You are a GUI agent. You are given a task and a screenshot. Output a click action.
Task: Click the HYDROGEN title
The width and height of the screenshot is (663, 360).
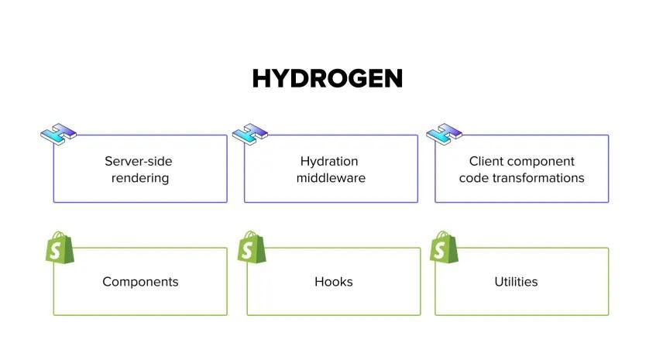pos(327,79)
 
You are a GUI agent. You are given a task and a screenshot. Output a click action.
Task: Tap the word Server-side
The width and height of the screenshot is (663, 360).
pos(139,162)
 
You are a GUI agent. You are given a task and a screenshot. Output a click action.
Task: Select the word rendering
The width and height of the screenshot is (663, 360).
pos(139,178)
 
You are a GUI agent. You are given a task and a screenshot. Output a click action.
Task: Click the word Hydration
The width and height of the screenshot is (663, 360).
pos(329,162)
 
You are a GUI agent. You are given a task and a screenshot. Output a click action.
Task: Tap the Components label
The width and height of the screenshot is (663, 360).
pos(140,282)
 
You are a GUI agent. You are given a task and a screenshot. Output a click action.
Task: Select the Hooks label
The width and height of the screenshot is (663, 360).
pos(334,282)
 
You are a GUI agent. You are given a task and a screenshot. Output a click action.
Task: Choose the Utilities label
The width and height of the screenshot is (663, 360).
pos(516,282)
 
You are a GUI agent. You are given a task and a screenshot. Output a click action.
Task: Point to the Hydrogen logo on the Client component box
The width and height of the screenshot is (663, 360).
pos(444,134)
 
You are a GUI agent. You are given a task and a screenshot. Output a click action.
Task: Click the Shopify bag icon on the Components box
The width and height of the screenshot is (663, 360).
pos(60,247)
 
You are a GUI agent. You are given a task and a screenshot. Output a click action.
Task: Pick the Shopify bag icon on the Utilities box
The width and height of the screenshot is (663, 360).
pos(444,247)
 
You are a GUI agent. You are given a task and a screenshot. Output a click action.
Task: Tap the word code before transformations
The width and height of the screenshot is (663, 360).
pos(473,178)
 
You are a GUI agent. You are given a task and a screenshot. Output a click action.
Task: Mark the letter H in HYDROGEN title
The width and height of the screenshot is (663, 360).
pos(263,79)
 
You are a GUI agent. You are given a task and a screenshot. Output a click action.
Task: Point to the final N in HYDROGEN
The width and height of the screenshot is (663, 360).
pos(392,79)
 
